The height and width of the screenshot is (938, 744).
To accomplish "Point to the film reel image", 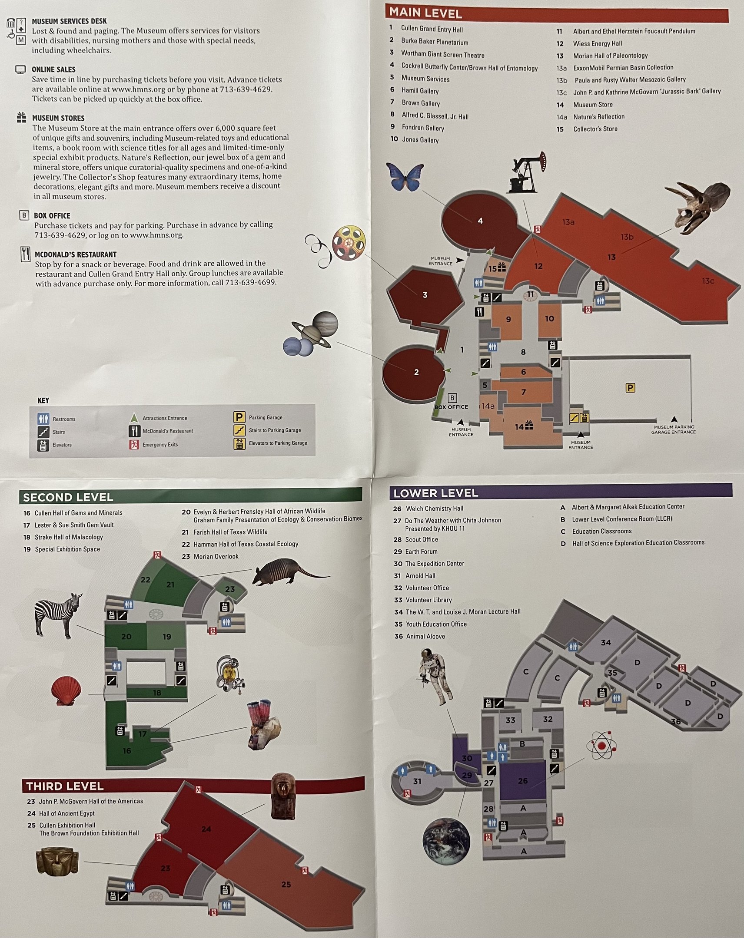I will (x=348, y=243).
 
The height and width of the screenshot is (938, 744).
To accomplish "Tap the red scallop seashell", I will (x=66, y=690).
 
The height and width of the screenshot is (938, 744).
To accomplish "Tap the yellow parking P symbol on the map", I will (x=630, y=388).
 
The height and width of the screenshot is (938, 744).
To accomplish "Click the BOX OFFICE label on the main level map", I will (x=451, y=407).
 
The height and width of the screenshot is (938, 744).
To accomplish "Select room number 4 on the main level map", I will (x=480, y=221).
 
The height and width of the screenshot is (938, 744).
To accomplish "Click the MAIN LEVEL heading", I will (x=425, y=13).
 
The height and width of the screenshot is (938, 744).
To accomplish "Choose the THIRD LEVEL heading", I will (x=65, y=786).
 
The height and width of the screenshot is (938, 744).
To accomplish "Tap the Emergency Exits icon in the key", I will (x=134, y=444).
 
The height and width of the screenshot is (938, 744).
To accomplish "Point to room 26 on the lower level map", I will (x=522, y=780).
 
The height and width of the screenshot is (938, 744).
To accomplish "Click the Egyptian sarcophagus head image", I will (x=283, y=796).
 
